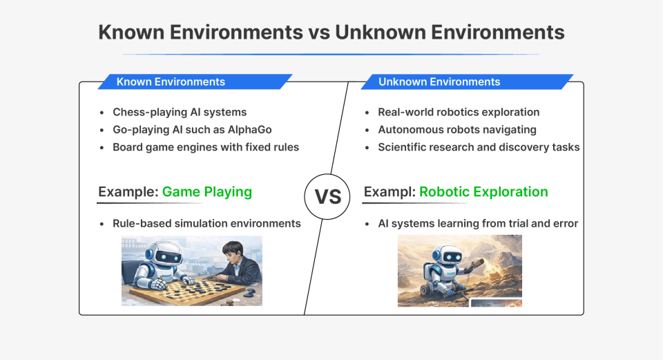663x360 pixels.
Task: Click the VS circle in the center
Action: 328,196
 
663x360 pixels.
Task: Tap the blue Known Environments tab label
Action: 171,82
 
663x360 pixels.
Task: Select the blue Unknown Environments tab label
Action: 439,82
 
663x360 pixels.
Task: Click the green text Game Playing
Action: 206,191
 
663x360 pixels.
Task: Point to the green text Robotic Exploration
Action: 483,191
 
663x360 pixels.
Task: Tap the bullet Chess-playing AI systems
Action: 180,112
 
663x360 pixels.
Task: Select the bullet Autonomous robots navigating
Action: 457,130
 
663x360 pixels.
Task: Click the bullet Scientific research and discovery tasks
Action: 479,147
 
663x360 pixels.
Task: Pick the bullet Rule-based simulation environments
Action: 206,223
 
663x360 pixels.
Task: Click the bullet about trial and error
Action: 478,223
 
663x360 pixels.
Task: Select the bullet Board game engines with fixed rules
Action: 206,147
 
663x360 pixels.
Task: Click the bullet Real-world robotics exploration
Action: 459,112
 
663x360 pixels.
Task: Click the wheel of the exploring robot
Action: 434,294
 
